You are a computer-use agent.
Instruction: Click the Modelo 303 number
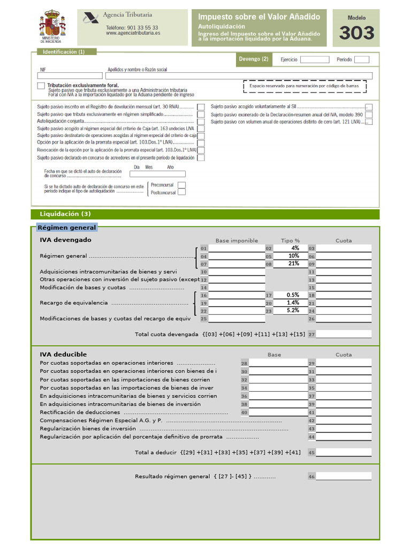click(356, 33)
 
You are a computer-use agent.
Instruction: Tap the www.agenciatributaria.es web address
click(133, 33)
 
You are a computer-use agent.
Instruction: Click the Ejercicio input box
click(310, 59)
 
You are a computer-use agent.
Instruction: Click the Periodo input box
click(362, 59)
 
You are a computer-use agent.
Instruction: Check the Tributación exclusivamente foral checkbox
click(41, 86)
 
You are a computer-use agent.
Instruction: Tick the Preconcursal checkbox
click(182, 185)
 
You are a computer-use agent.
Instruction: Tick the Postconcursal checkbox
click(182, 193)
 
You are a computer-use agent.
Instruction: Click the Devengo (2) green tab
click(254, 59)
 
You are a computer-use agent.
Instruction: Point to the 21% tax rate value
click(293, 263)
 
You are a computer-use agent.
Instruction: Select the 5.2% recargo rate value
click(293, 310)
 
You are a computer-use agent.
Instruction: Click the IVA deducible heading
click(63, 354)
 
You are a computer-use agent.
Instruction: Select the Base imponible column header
click(237, 240)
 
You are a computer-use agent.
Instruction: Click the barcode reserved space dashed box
click(305, 86)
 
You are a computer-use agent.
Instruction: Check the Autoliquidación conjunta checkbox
click(201, 121)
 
